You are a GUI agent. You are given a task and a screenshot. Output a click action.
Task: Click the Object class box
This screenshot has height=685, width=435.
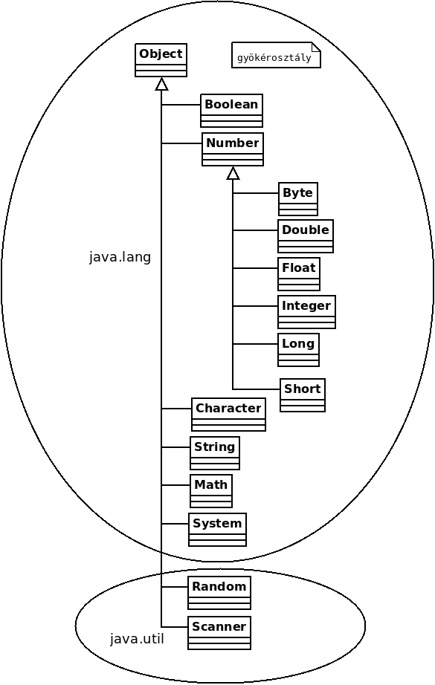161,60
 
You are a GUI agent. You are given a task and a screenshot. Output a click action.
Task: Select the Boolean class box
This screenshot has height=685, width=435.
232,111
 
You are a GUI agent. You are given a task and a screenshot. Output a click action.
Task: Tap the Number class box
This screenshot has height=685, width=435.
233,149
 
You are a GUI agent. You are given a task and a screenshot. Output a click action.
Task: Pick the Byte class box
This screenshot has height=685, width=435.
298,199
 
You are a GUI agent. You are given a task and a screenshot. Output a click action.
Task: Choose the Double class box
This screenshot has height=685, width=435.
306,236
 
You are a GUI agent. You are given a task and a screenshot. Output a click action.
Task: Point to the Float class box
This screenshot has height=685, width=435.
299,274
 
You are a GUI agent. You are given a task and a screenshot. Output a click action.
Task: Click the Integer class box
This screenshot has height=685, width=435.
306,312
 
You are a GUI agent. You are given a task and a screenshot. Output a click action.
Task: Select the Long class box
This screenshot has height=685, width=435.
299,350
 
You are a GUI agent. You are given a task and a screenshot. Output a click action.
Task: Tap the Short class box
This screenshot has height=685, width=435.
303,395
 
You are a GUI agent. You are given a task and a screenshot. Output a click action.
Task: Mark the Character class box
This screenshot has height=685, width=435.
228,415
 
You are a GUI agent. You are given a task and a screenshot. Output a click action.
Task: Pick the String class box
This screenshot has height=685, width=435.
215,453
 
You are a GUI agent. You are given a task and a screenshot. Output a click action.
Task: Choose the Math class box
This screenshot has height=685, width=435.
211,491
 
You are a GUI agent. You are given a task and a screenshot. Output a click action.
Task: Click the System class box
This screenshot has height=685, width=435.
217,530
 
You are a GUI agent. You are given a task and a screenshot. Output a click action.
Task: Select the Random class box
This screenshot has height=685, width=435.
219,593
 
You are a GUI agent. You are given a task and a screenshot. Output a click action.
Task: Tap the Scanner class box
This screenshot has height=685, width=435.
219,632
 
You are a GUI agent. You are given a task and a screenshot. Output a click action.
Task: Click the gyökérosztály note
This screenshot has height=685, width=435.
276,55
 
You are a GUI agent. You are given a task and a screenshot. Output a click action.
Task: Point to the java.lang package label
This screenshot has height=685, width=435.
120,257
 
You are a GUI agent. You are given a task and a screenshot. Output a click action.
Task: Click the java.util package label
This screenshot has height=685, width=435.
137,639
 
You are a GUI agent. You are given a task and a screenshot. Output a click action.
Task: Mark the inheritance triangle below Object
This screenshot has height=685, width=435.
162,84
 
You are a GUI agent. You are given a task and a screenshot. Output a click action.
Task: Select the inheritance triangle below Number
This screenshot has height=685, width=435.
233,173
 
